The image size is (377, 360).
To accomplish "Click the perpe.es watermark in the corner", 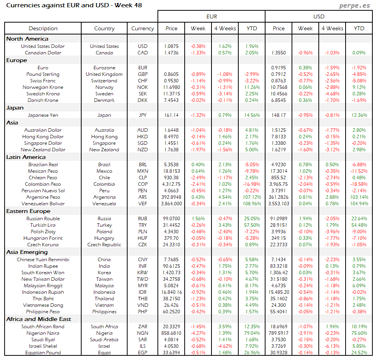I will point(355,6).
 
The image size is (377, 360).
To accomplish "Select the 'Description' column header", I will point(43,28).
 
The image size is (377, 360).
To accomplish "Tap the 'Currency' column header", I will point(143,28).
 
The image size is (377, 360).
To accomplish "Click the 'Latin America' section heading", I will point(26,157).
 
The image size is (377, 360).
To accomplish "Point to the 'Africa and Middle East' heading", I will point(39,319).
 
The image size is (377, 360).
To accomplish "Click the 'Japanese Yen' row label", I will point(43,115).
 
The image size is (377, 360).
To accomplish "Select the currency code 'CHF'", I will point(143,81).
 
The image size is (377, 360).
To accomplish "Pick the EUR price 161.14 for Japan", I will point(172,115).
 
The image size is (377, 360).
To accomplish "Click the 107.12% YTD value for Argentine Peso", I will point(252,197).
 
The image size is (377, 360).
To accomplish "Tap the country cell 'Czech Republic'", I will point(104,245).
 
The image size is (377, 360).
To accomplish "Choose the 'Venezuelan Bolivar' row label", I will point(43,204).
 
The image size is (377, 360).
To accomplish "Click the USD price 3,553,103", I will point(279,204).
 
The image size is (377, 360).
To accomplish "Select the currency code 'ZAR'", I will point(143,327).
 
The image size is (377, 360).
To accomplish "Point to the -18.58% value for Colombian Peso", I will point(359,184).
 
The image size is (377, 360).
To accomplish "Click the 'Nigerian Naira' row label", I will point(43,333).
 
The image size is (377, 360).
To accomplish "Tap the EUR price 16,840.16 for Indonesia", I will point(172,292).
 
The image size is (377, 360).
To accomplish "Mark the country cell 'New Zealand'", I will point(104,150).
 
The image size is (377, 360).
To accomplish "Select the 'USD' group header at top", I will point(319,16).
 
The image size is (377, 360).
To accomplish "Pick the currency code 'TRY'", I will point(143,225).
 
